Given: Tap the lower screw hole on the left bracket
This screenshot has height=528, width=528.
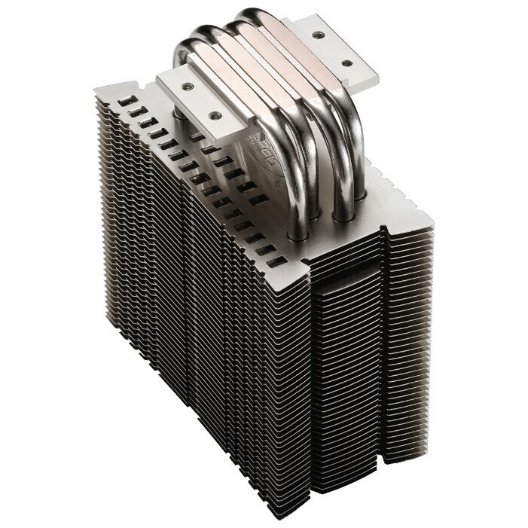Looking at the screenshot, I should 215,116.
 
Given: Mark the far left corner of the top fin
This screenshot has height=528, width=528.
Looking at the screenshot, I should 96,89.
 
